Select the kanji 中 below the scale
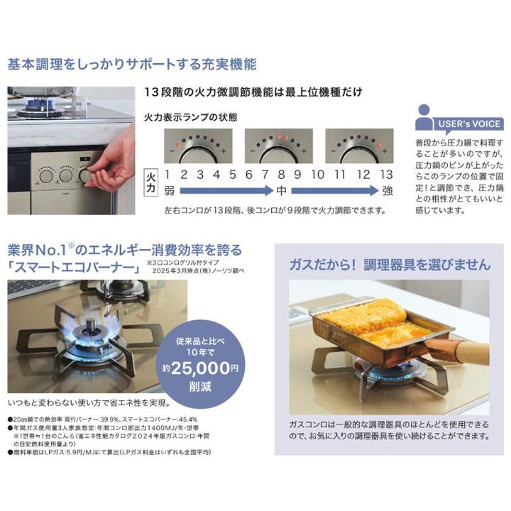coord(282,191)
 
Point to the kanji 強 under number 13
coord(386,191)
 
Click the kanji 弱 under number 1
coord(167,191)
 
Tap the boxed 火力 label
coord(150,182)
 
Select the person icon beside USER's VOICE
coord(424,116)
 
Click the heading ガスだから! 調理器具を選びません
coord(389,265)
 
